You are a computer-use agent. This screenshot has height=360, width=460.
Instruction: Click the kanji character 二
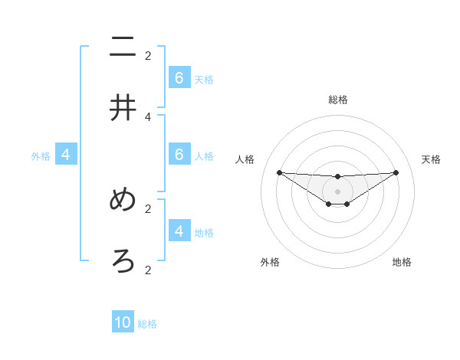pos(123,47)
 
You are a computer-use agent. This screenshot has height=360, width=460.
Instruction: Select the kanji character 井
pos(123,109)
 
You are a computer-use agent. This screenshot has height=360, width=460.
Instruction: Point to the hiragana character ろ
pos(123,262)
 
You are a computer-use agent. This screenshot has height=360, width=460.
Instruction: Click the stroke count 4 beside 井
pos(148,116)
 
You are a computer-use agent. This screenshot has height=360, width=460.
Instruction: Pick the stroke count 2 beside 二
pos(148,55)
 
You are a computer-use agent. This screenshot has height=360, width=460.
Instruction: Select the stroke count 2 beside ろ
pos(148,270)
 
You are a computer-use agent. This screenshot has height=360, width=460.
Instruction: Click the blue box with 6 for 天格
pos(179,78)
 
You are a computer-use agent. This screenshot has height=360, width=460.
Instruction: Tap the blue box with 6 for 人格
pos(179,155)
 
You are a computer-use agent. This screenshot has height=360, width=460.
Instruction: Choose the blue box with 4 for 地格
pos(179,231)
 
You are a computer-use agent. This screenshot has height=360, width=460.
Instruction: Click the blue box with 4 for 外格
pos(66,155)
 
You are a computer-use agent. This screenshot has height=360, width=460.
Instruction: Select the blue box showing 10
pos(123,322)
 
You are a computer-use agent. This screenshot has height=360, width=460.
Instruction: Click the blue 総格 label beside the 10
pos(147,324)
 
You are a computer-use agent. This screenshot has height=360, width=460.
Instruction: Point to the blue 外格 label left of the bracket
pos(41,156)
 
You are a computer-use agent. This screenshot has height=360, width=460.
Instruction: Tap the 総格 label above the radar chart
pos(337,100)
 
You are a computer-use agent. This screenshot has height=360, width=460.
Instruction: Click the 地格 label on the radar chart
pos(402,262)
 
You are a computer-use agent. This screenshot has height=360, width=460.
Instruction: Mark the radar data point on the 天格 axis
pos(396,172)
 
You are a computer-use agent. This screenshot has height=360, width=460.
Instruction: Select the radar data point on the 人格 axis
pos(279,172)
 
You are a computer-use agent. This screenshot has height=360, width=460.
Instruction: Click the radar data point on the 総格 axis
pos(337,177)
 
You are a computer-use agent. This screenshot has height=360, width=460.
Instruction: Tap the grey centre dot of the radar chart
pos(337,191)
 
